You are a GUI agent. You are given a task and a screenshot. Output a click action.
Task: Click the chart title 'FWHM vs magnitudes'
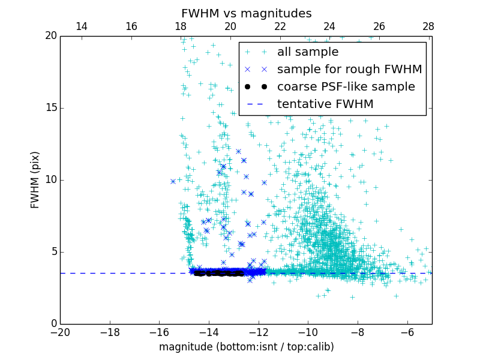pos(247,13)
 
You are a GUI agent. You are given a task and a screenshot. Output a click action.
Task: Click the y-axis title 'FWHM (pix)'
pos(35,179)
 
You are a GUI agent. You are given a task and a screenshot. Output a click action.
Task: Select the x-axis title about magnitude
pos(246,347)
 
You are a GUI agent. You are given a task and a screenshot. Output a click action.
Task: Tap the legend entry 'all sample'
pos(308,52)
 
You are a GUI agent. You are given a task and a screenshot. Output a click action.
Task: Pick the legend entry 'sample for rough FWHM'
pos(349,70)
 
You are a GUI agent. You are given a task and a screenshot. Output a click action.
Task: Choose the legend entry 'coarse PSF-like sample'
pos(346,87)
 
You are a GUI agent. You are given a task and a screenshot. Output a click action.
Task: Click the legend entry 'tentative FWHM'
pos(325,104)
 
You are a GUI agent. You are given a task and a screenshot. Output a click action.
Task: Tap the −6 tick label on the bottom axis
pos(407,332)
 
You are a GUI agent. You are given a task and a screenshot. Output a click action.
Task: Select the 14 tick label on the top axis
pos(82,26)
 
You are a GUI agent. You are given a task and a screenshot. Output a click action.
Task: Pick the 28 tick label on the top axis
pos(428,26)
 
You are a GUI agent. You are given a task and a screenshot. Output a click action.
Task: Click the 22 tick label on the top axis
pos(280,26)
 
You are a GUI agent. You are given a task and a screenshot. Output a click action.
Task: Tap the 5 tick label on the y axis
pos(53,252)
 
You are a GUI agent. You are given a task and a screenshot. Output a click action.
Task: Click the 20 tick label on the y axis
pos(50,36)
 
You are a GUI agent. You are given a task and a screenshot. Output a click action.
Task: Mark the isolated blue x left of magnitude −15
pos(173,181)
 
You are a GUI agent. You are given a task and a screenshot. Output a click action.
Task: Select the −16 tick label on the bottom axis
pos(160,332)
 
